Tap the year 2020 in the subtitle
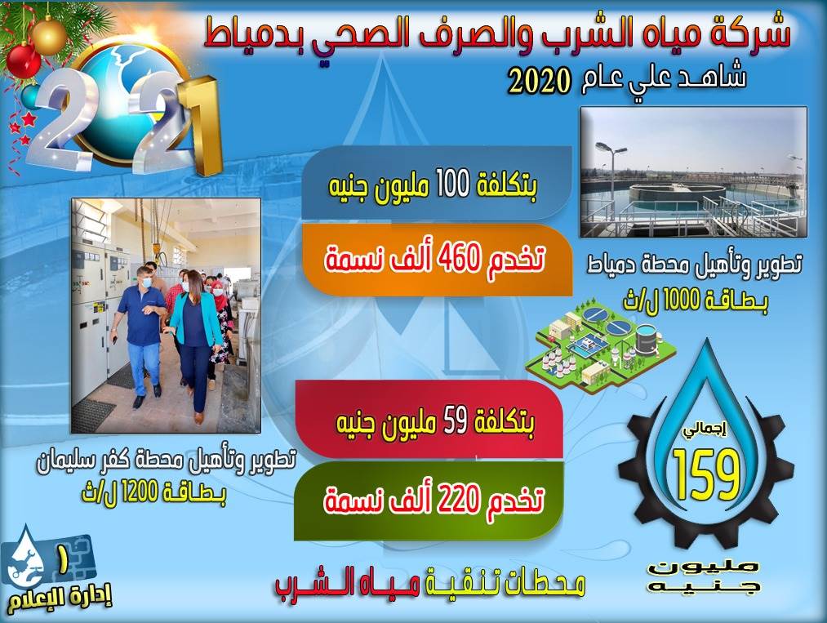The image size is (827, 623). (x=539, y=82)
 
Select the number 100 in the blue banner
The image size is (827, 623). (x=452, y=185)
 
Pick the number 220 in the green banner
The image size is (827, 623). (x=457, y=499)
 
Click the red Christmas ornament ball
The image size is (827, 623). (x=23, y=60)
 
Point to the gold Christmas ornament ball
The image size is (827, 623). (x=48, y=35)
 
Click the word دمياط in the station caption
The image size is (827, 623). (x=610, y=264)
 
